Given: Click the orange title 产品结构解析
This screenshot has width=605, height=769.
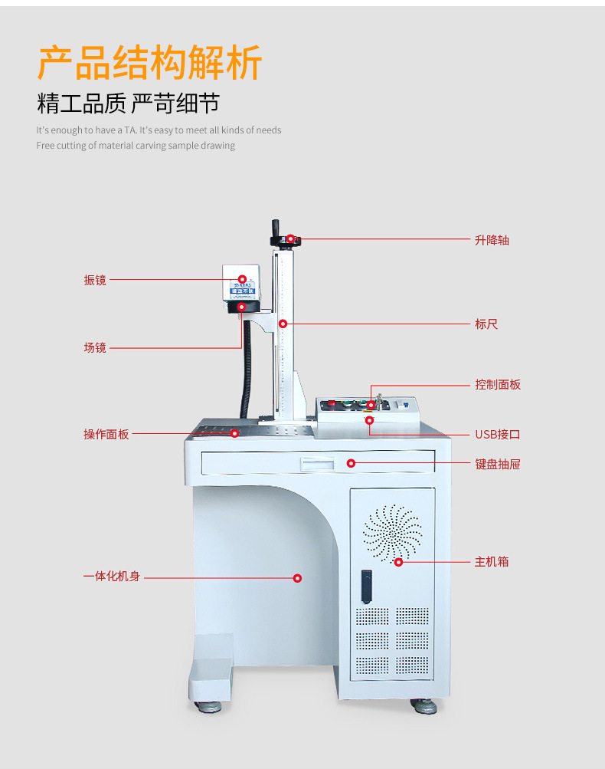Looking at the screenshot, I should click(150, 64).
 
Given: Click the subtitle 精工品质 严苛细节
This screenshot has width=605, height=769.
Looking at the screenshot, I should click(128, 103).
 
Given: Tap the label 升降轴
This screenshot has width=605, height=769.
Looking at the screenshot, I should click(492, 240).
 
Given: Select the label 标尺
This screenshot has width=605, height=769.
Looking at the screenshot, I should click(486, 324).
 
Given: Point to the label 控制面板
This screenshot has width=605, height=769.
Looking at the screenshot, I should click(497, 384).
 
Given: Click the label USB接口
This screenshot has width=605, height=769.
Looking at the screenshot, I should click(497, 435).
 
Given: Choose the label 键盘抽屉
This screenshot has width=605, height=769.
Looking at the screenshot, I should click(497, 464).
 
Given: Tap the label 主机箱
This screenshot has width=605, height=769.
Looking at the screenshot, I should click(491, 562).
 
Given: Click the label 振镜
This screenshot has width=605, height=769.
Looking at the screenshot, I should click(95, 280).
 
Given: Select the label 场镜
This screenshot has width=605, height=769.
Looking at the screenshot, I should click(95, 348).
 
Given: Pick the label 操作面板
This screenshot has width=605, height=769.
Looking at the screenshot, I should click(106, 434).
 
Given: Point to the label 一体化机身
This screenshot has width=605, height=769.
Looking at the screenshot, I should click(112, 576).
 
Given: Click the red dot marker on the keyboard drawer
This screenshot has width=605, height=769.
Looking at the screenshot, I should click(351, 463).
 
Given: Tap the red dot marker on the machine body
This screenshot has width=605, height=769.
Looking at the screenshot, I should click(298, 577).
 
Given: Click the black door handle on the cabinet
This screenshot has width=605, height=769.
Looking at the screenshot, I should click(367, 587).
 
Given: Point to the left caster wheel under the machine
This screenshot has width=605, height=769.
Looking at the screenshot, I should click(207, 705).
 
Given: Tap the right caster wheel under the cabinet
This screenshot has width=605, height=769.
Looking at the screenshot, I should click(424, 705).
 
